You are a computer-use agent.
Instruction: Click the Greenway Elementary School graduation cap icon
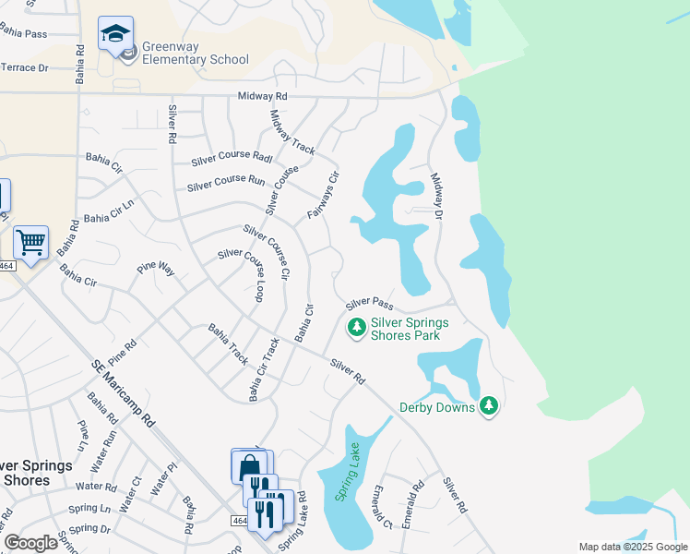click(x=115, y=34)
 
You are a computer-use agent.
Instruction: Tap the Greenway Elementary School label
click(x=195, y=54)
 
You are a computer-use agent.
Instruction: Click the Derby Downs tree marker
click(x=489, y=406)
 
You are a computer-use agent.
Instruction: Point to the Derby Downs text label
click(x=436, y=407)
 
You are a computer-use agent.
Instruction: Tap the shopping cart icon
click(x=31, y=243)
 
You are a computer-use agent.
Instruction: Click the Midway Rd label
click(x=262, y=95)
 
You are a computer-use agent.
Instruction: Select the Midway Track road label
click(x=291, y=133)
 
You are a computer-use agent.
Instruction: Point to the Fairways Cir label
click(x=324, y=195)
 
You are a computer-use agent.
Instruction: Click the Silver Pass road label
click(x=370, y=304)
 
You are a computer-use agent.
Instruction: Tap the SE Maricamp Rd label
click(x=123, y=393)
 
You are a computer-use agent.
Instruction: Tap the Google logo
click(x=31, y=543)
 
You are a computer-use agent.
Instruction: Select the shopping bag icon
click(x=250, y=467)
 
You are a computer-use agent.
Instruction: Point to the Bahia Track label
click(x=228, y=343)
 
